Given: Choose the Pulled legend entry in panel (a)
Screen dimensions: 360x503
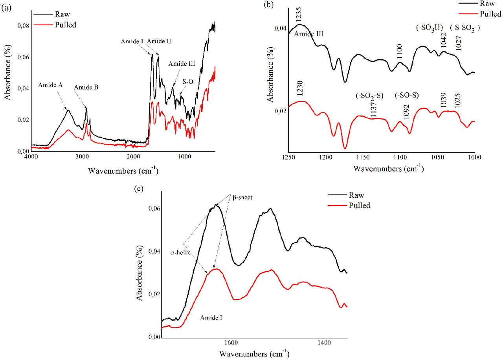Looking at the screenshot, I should [x=65, y=25].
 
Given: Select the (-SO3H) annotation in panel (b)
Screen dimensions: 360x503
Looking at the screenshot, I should [x=430, y=27].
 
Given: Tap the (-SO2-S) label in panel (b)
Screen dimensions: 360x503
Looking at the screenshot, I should [x=367, y=95].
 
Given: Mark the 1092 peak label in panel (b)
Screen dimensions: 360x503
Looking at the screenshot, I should [x=407, y=111].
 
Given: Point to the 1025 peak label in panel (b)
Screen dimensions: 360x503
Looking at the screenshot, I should [x=458, y=101].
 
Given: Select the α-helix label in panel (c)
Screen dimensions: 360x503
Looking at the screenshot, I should [x=180, y=253].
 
